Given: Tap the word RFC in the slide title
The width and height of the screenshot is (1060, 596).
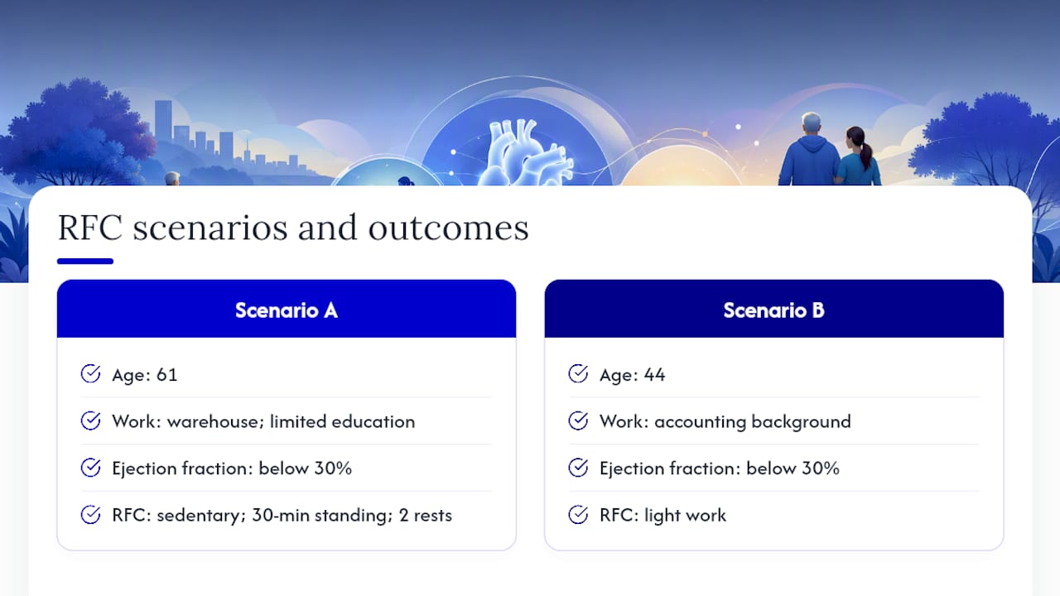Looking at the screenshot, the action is [90, 228].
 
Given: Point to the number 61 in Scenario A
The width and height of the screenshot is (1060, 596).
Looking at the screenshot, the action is [166, 375].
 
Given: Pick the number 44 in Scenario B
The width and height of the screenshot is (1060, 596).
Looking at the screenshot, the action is [654, 375].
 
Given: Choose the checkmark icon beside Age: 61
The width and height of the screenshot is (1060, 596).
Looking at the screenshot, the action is [90, 373].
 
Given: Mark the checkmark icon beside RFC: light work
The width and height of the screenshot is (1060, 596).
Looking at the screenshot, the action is [578, 515].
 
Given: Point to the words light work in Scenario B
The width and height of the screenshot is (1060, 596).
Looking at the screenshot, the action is [685, 516].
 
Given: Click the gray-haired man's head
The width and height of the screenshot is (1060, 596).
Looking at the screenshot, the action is [811, 124].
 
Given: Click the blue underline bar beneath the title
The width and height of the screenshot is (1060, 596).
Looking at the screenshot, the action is [85, 261].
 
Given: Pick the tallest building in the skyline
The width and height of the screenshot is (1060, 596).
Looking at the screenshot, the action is [163, 124].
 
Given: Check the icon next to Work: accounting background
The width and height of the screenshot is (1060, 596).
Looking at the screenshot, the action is [578, 421].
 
